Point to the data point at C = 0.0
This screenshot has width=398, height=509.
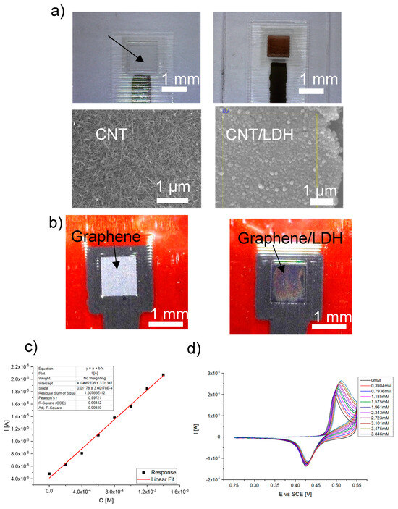pyautogui.click(x=49, y=474)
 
